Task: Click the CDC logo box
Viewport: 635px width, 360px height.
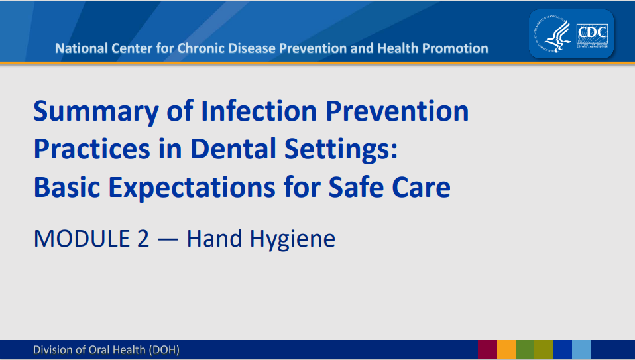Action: point(593,33)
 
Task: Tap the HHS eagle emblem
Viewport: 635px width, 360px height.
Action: point(551,34)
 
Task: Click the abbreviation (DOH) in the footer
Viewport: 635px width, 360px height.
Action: point(164,349)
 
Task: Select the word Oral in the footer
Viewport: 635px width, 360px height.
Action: point(101,349)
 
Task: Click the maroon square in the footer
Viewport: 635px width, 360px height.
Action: point(487,350)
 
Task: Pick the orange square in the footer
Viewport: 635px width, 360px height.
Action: point(506,350)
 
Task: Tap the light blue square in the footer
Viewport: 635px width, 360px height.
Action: point(581,350)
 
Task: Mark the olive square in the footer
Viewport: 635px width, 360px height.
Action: point(544,350)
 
